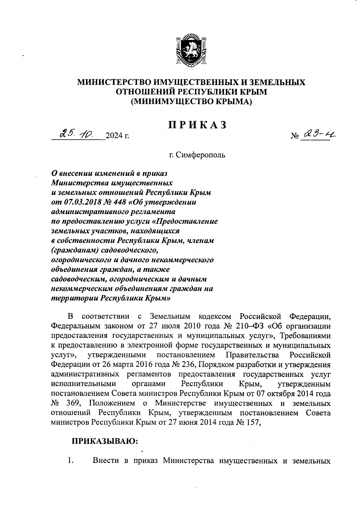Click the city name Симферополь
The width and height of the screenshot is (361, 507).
(197, 155)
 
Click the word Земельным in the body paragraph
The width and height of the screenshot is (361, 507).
(170, 316)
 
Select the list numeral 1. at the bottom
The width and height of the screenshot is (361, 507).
(71, 461)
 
